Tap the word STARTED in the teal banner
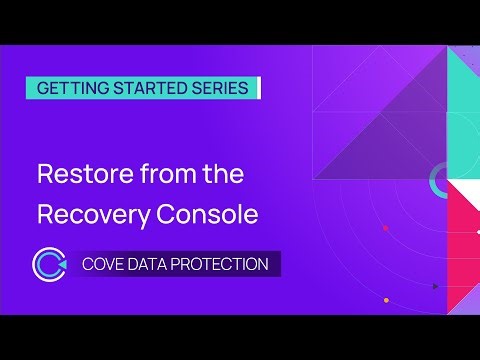146,88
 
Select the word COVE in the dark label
104,265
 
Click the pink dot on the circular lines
385,228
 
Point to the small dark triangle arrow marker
435,287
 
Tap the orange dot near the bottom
386,300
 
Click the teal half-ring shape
438,181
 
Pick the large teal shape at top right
463,100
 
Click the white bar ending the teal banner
258,88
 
